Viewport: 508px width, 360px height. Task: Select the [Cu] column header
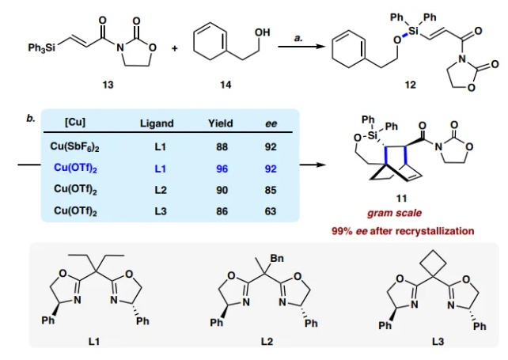point(75,123)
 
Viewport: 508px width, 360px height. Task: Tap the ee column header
point(271,123)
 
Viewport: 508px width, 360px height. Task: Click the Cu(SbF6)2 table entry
point(75,146)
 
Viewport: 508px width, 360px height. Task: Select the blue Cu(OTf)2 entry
point(75,168)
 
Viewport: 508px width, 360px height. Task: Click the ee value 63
point(271,210)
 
